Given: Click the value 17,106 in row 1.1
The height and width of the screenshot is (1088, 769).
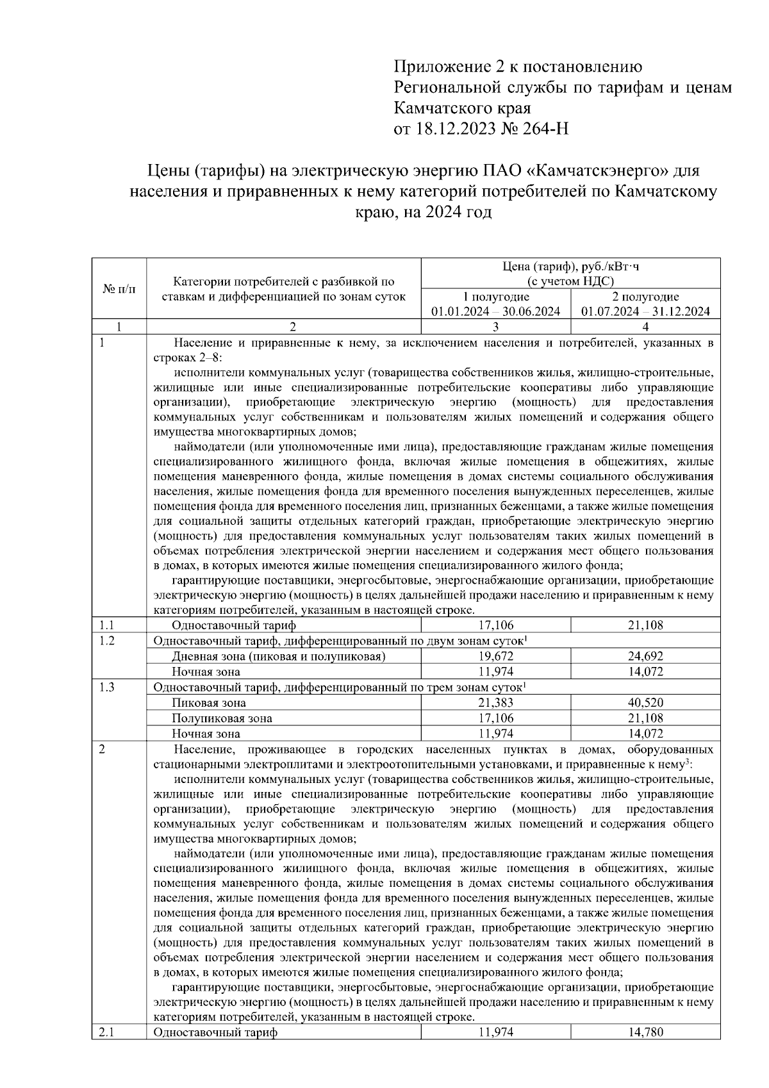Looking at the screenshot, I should tap(496, 625).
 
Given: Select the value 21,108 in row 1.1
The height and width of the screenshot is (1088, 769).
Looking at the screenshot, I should tap(645, 625).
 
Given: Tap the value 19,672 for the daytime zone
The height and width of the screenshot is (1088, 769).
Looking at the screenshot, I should tap(496, 656).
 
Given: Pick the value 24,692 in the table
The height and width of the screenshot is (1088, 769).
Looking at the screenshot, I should tap(645, 656).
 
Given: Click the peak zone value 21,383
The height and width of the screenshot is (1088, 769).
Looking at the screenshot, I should tap(496, 703).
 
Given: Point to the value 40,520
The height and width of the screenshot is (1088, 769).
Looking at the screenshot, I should tap(645, 703).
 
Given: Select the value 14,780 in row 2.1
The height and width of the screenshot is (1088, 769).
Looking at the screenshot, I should tap(645, 1032).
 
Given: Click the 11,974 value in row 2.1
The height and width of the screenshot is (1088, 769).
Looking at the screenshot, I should tap(496, 1032).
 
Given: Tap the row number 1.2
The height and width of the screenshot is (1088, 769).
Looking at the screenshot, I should tap(107, 640).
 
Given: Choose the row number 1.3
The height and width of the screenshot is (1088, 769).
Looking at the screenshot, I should tap(107, 687).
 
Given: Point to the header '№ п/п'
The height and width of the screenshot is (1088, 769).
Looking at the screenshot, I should tap(119, 289).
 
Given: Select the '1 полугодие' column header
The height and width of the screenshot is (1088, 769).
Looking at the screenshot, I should tap(496, 297).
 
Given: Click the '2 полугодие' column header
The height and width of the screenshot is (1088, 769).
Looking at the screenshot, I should tap(645, 297).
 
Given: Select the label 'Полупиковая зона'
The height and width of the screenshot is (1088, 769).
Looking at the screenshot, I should tap(222, 718).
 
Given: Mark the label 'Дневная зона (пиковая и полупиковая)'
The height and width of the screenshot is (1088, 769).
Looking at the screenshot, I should tap(278, 656).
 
